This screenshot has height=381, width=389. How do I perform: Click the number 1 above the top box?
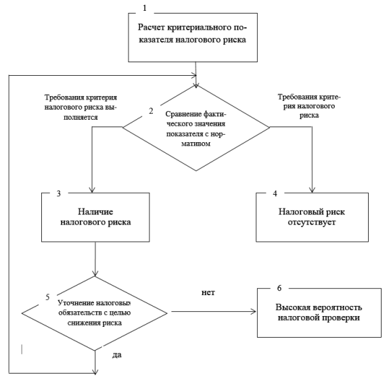click(x=145, y=8)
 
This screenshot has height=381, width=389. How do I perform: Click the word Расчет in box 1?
click(x=152, y=27)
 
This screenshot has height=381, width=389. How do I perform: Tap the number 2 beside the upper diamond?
click(x=151, y=111)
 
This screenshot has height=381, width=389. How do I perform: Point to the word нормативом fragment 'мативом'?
click(x=196, y=143)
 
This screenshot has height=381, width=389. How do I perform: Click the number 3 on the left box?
click(x=59, y=194)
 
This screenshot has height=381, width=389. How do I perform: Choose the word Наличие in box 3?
click(x=95, y=212)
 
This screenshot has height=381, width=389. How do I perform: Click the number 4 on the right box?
click(x=275, y=194)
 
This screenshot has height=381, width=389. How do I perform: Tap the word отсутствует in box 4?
click(x=312, y=222)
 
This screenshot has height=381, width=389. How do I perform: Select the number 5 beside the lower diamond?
click(x=47, y=297)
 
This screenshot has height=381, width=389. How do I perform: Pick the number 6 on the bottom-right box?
click(x=279, y=288)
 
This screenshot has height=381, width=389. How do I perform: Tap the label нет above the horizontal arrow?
click(x=208, y=292)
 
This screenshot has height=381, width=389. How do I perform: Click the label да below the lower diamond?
click(x=117, y=355)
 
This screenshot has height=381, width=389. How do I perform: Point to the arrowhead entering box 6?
click(x=254, y=312)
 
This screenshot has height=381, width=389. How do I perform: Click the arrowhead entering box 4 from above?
click(x=312, y=190)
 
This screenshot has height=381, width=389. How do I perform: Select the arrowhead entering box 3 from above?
click(x=92, y=190)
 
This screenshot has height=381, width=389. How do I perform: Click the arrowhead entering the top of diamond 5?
click(x=95, y=273)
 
